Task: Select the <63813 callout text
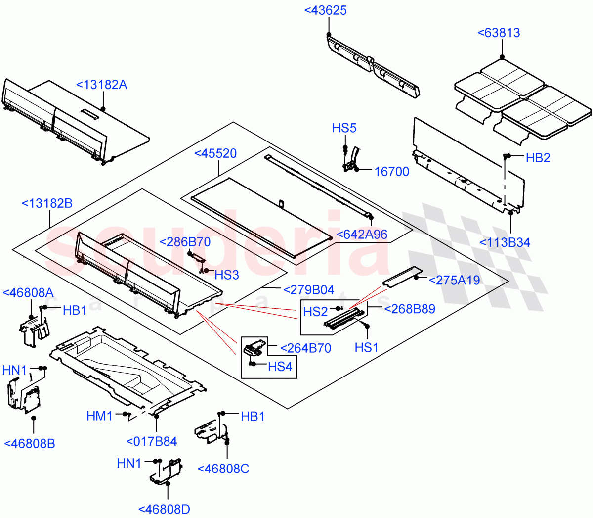499,33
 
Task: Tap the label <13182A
101,85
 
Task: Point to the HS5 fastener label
344,128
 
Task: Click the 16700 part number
391,172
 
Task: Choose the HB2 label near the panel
538,158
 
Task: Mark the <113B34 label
505,242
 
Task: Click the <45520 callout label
215,153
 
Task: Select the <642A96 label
362,235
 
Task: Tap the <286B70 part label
185,242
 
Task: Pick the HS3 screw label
227,275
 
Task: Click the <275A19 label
454,281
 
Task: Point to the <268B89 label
410,309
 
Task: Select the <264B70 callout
305,348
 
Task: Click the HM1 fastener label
100,417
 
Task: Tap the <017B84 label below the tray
151,442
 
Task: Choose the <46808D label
164,509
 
